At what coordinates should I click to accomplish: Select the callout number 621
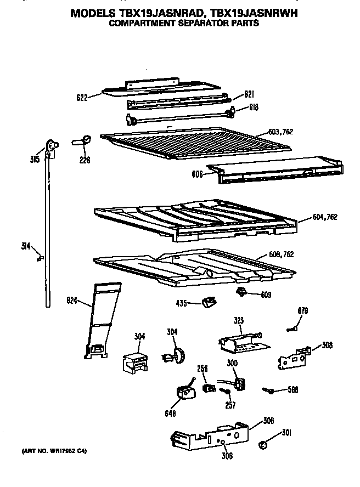pyautogui.click(x=235, y=94)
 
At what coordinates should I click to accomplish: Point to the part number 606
pyautogui.click(x=197, y=174)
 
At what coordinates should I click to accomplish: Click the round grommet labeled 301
pyautogui.click(x=263, y=443)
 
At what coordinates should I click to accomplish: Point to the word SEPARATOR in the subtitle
pyautogui.click(x=200, y=24)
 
